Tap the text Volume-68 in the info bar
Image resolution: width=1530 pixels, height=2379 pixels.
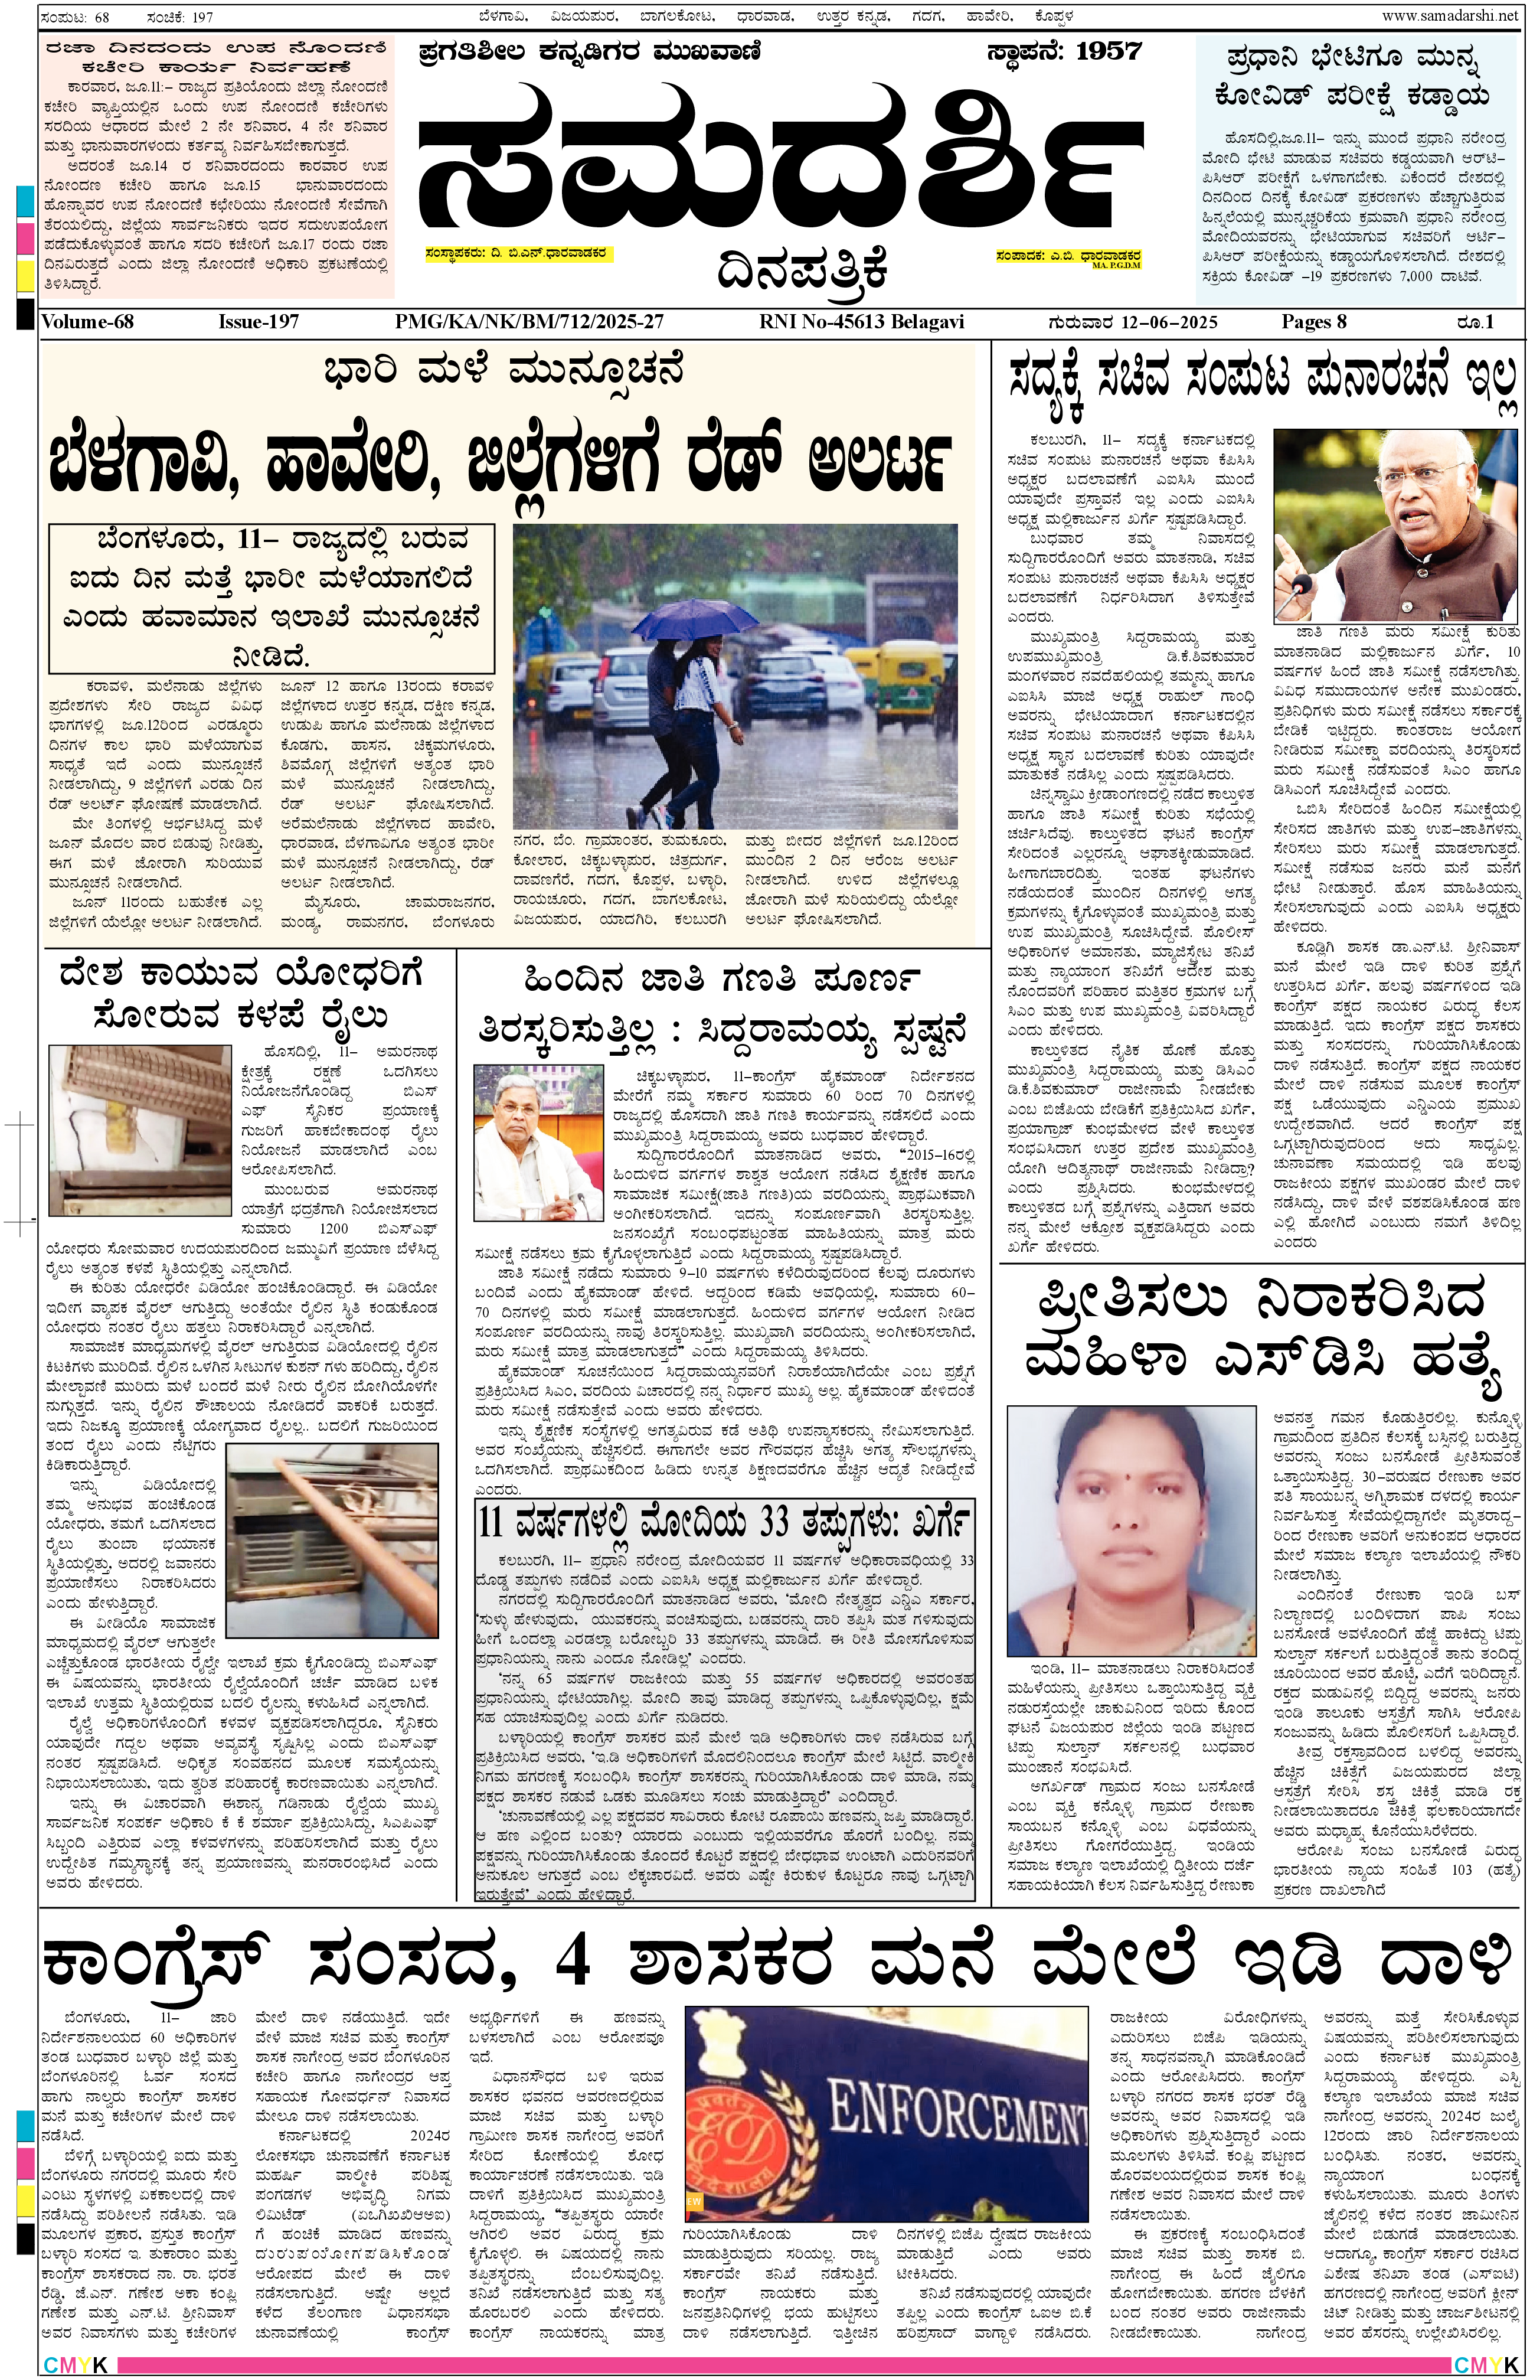pos(87,322)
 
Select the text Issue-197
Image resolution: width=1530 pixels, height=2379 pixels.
pos(259,322)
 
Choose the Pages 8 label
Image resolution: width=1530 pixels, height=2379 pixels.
pos(1313,322)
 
